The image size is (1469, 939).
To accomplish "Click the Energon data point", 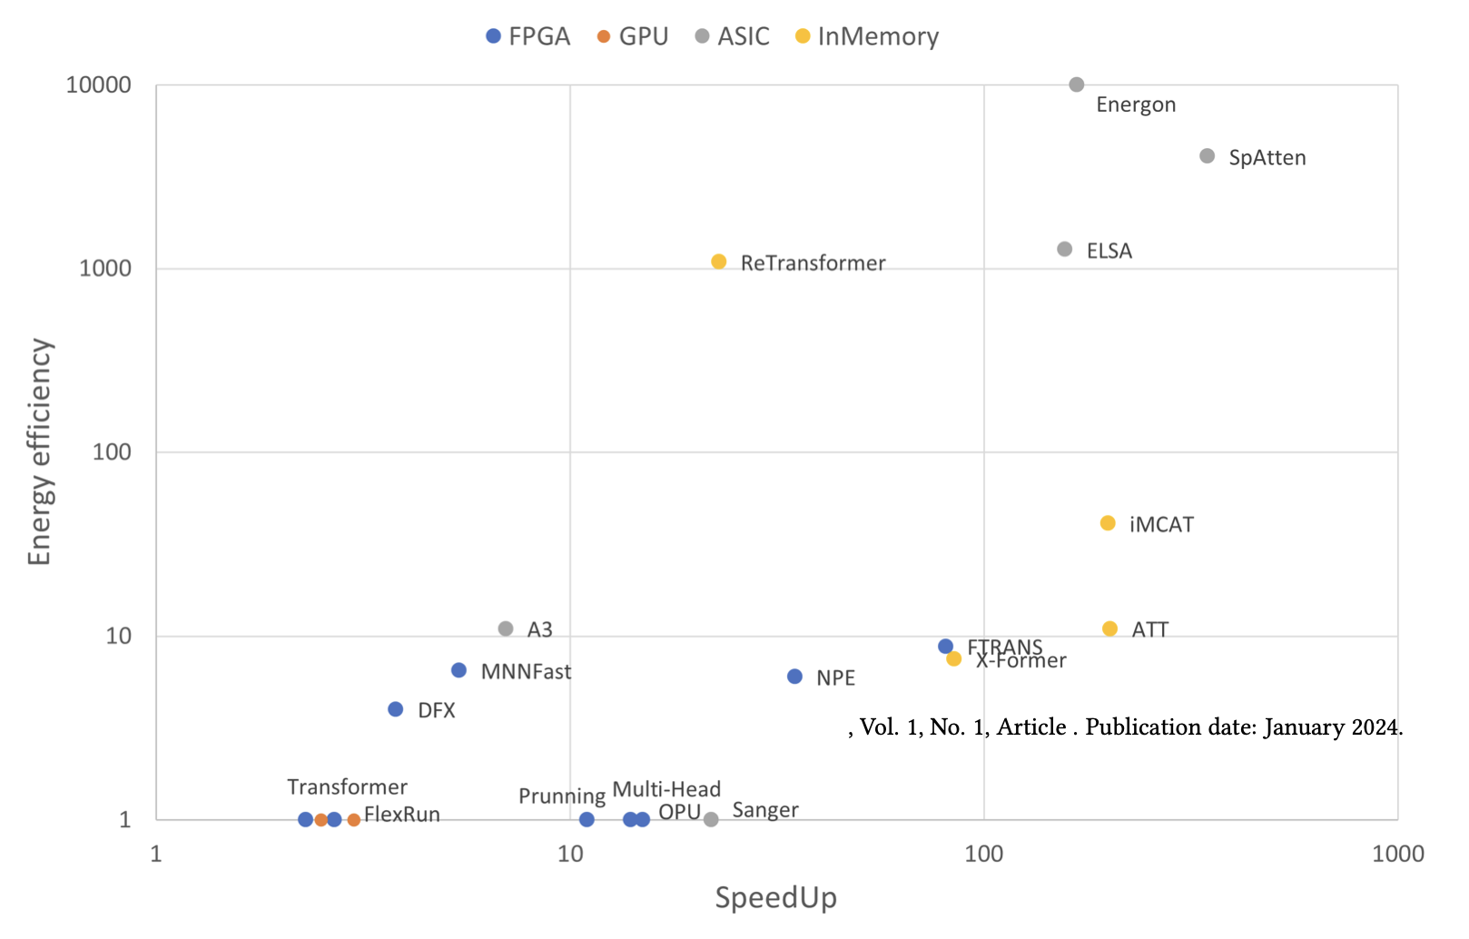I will [1077, 84].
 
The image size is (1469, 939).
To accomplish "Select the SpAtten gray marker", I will [1208, 156].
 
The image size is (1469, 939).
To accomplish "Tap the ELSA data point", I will [1065, 249].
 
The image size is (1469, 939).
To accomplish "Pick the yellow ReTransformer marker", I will [719, 262].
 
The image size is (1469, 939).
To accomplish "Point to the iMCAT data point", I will [1108, 523].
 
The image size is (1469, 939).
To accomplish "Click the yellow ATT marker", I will [1109, 628].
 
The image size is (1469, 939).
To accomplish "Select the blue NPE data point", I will [794, 677].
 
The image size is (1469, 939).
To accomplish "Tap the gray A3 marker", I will [506, 628].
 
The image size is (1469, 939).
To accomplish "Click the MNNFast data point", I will [458, 670].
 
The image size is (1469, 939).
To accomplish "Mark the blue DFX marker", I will [396, 709].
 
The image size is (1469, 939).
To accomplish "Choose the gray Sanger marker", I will [711, 819].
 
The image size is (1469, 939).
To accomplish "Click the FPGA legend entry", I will [528, 36].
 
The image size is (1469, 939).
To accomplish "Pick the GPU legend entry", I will [633, 36].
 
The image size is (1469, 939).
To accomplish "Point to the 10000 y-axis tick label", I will [99, 85].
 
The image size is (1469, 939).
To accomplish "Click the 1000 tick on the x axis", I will [1398, 854].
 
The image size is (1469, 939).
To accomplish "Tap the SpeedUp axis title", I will [776, 898].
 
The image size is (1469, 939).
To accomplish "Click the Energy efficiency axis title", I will [40, 452].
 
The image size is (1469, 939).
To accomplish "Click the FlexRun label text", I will [402, 815].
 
